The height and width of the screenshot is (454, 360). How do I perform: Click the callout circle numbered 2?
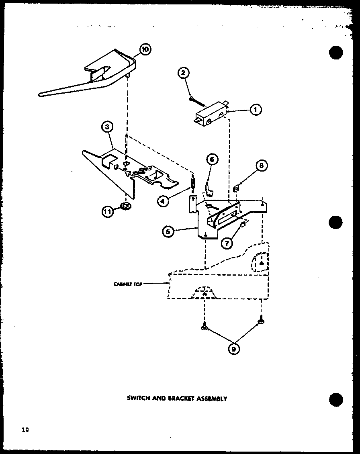(183, 73)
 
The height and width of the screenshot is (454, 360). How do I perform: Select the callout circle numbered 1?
(255, 109)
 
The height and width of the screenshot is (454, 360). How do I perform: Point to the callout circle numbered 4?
(162, 201)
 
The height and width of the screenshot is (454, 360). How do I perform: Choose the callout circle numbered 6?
(212, 160)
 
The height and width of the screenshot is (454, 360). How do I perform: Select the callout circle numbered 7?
(227, 243)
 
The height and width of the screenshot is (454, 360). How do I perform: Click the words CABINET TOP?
(126, 284)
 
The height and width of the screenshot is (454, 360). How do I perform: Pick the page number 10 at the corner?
(25, 430)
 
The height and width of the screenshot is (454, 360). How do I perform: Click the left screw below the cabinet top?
(204, 327)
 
